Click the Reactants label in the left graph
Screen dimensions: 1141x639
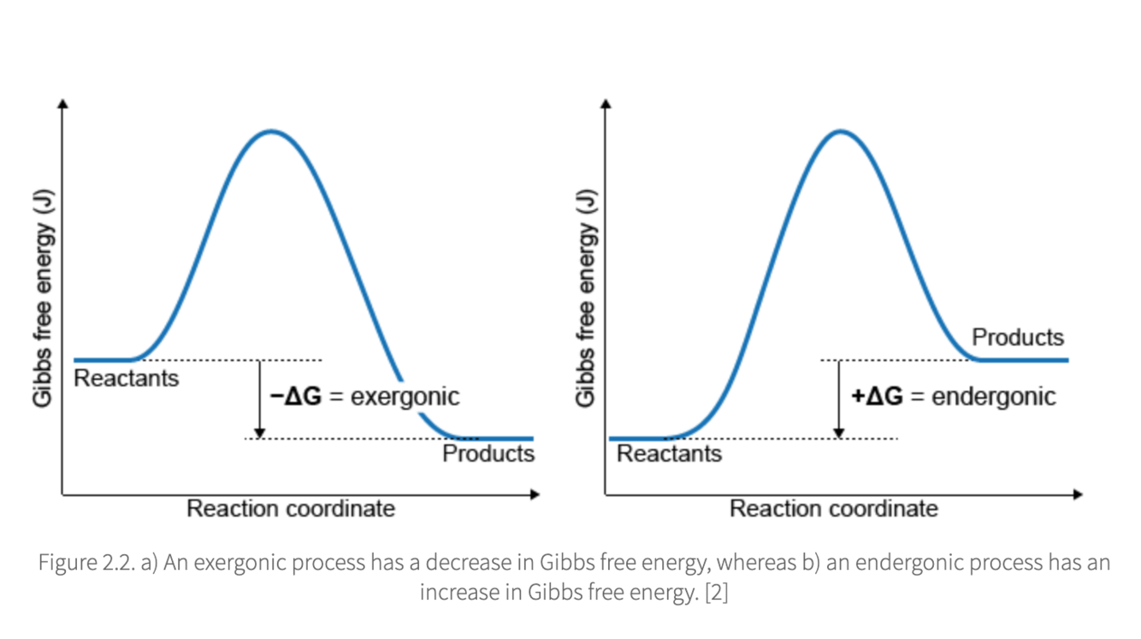[x=127, y=379]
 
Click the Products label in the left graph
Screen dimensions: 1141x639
[x=488, y=453]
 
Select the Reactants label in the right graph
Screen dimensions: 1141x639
[x=670, y=453]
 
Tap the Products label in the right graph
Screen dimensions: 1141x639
[x=1018, y=337]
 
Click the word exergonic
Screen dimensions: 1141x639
[x=405, y=397]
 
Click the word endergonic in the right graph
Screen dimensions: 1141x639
[x=994, y=397]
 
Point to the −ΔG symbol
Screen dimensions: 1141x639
[x=296, y=396]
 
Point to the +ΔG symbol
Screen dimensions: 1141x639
[x=878, y=396]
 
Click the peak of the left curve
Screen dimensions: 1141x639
[x=271, y=132]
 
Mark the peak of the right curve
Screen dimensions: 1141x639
[x=841, y=132]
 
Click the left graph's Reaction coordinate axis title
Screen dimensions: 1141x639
[x=291, y=509]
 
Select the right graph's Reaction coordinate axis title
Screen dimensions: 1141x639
[x=834, y=509]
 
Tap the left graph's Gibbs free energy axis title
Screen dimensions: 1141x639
[x=43, y=298]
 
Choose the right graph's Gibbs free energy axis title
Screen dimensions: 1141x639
[x=586, y=298]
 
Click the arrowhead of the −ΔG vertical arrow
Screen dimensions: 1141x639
[x=259, y=433]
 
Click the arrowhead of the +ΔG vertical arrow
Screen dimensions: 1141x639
[x=839, y=433]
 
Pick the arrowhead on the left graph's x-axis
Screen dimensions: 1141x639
[x=535, y=494]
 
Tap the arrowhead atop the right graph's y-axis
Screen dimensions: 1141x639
[x=606, y=104]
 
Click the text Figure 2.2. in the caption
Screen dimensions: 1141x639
[x=86, y=563]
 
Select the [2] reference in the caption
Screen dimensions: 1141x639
[x=717, y=593]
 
